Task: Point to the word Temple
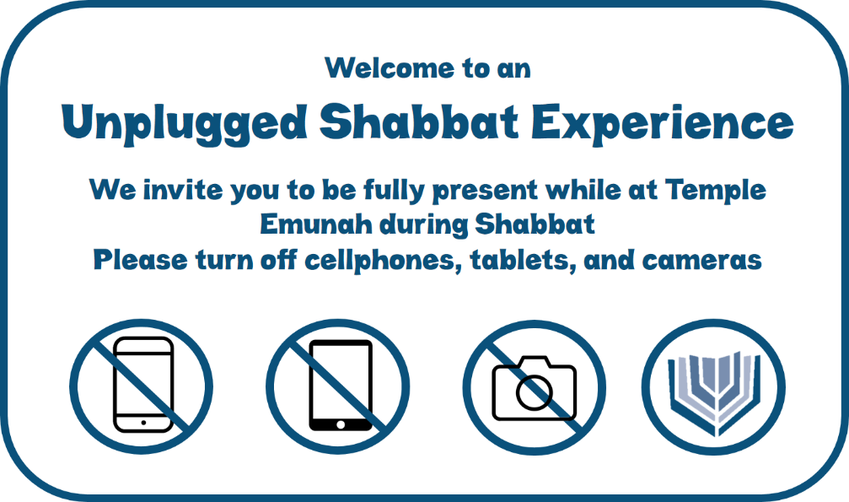click(x=716, y=191)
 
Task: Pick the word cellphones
click(x=382, y=260)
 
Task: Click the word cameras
click(x=701, y=261)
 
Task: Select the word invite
click(x=183, y=190)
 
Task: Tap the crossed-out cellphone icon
click(x=142, y=386)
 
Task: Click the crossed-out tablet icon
click(x=338, y=386)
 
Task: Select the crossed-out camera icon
click(x=534, y=387)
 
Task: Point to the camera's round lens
click(x=534, y=392)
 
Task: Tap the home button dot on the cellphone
click(x=143, y=423)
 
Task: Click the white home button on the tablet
click(x=341, y=424)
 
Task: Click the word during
click(x=423, y=224)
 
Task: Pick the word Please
click(x=140, y=260)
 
